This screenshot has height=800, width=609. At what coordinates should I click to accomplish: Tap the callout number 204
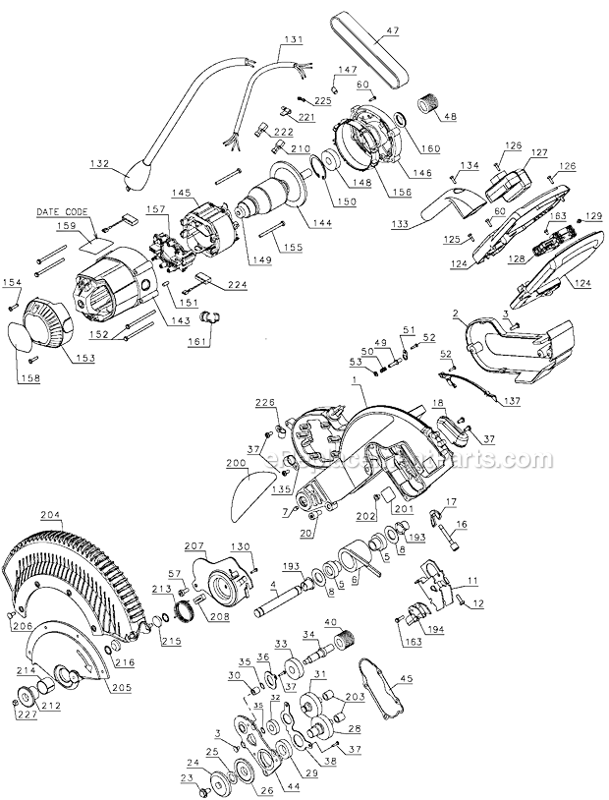pos(51,515)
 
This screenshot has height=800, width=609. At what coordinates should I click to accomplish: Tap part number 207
pos(194,543)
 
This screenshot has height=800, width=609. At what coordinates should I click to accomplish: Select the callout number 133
pos(399,225)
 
